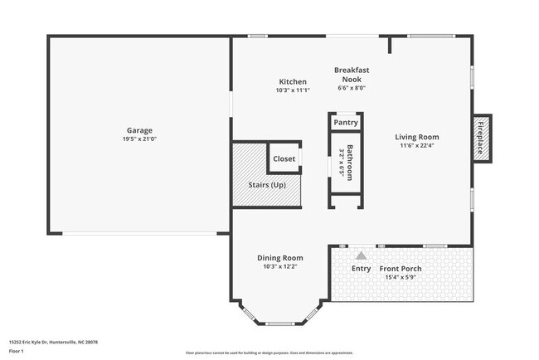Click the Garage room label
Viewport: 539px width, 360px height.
(139, 130)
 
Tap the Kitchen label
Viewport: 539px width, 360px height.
(293, 82)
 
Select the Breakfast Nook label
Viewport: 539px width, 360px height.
(352, 75)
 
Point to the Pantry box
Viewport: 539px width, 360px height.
(346, 123)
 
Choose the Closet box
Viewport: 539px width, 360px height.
(284, 158)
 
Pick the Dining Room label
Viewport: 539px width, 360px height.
(280, 258)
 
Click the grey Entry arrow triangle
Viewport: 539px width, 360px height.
(361, 255)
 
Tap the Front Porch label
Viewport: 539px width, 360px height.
(401, 268)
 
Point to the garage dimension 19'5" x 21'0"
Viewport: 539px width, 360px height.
(139, 139)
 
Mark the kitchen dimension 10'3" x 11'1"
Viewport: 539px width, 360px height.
(293, 91)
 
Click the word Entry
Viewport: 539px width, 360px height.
(362, 268)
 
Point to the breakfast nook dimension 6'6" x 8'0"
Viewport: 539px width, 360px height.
(352, 87)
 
